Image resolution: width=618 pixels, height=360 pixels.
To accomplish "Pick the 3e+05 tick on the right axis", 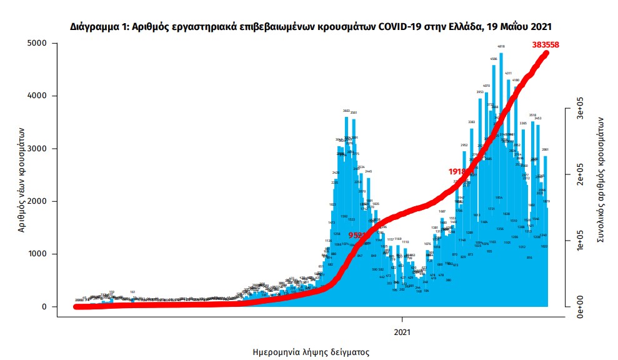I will pos(580,107).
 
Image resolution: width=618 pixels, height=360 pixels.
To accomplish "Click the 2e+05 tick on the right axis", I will pos(580,174).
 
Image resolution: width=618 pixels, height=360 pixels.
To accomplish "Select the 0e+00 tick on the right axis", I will pos(580,307).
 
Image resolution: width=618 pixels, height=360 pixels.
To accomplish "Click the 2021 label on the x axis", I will pos(402,331).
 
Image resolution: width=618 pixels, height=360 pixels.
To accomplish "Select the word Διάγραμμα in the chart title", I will pos(96,27).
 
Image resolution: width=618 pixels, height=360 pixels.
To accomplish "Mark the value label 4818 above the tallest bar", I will pos(501,46).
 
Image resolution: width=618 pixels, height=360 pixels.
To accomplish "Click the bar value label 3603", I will pos(346,111).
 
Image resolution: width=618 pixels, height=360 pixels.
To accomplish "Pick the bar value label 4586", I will pos(493,59).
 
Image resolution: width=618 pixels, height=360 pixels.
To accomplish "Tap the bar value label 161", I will pos(132,292).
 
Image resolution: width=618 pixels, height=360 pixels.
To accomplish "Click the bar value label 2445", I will pos(369,171).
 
